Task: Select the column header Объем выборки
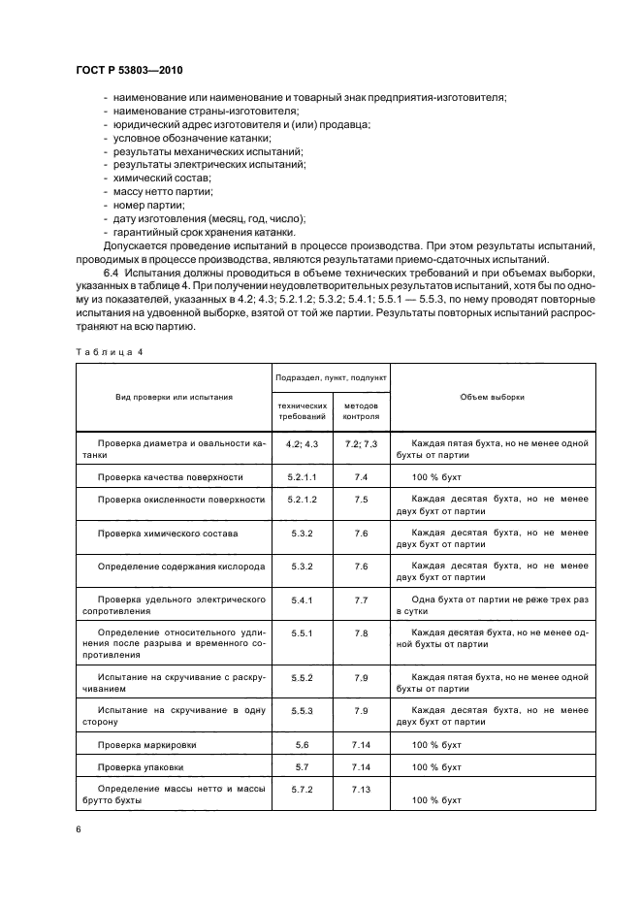click(x=493, y=397)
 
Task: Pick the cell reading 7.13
click(x=361, y=791)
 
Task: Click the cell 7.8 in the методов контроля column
click(x=361, y=632)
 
